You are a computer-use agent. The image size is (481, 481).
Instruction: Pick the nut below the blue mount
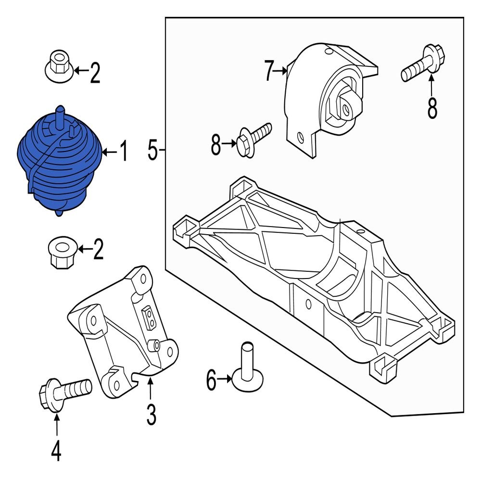click(x=61, y=253)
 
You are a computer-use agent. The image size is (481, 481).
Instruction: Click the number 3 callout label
click(x=151, y=415)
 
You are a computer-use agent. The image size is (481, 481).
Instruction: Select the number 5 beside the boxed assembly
click(x=152, y=151)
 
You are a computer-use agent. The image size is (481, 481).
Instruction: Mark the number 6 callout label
click(x=211, y=381)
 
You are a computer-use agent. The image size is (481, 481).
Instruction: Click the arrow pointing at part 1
click(x=109, y=153)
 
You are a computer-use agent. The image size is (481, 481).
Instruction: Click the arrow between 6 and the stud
click(x=225, y=380)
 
